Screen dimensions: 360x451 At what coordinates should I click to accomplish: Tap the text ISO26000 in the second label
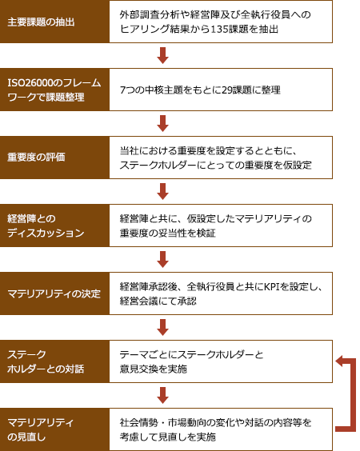click(x=30, y=83)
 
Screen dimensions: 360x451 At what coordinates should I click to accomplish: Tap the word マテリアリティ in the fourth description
click(x=268, y=218)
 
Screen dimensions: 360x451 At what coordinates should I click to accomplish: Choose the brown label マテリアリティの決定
click(x=54, y=293)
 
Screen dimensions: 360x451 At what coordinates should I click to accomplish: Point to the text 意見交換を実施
click(x=154, y=369)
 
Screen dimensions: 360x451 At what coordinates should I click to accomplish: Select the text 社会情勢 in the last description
click(x=139, y=422)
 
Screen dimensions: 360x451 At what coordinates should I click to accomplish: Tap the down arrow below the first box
click(x=163, y=55)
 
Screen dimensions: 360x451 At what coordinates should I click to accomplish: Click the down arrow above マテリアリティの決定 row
click(x=163, y=259)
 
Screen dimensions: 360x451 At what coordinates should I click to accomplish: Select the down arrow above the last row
click(x=163, y=395)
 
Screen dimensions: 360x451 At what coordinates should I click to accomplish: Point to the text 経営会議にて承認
click(x=158, y=301)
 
